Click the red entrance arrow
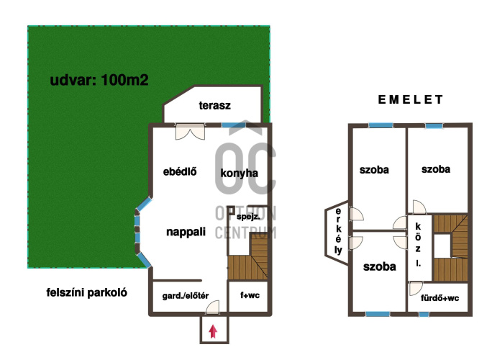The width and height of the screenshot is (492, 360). click(x=213, y=331)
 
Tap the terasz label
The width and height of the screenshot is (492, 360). click(x=214, y=106)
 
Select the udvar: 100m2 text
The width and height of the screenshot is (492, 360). click(x=99, y=80)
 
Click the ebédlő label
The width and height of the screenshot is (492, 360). click(x=180, y=171)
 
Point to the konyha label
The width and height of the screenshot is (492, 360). click(x=239, y=173)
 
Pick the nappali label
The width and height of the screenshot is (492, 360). click(x=186, y=232)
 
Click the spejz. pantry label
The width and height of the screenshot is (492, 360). click(x=248, y=217)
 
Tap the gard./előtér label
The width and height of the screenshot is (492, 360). click(x=186, y=296)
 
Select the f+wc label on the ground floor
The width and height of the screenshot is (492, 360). click(x=250, y=295)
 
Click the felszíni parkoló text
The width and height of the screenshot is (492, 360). click(x=87, y=293)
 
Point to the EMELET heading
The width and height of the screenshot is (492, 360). click(x=410, y=99)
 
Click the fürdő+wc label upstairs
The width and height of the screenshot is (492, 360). click(x=440, y=298)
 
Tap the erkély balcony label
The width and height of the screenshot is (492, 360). click(x=338, y=231)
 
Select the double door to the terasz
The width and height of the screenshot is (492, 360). click(x=190, y=132)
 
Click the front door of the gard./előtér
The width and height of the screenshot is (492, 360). click(x=212, y=307)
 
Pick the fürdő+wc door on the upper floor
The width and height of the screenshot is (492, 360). click(x=416, y=289)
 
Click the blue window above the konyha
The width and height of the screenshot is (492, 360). click(x=234, y=125)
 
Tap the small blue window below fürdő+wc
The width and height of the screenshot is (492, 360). click(x=424, y=314)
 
